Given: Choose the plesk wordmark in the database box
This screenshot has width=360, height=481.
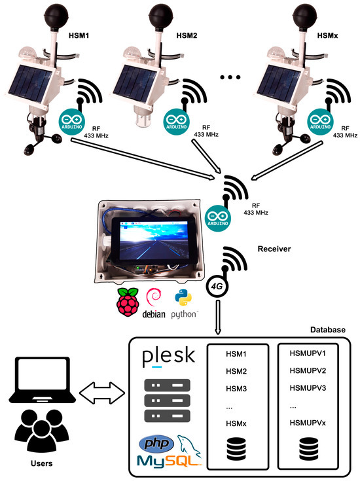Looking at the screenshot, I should (169, 357).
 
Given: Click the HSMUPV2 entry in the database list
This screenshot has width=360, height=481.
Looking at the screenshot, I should (307, 371).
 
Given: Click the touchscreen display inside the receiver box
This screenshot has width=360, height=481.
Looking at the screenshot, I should (153, 238).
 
